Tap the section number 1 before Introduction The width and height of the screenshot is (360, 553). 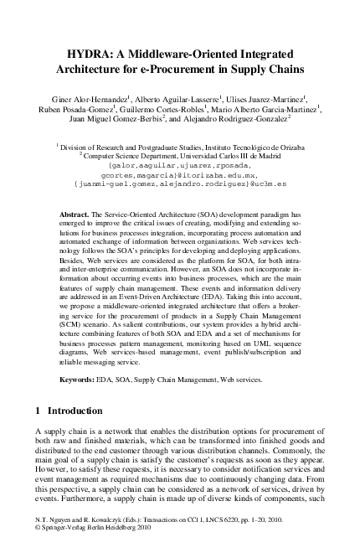coord(39,411)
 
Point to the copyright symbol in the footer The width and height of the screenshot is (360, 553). coord(38,530)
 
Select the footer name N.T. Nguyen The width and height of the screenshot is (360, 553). coord(56,520)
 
